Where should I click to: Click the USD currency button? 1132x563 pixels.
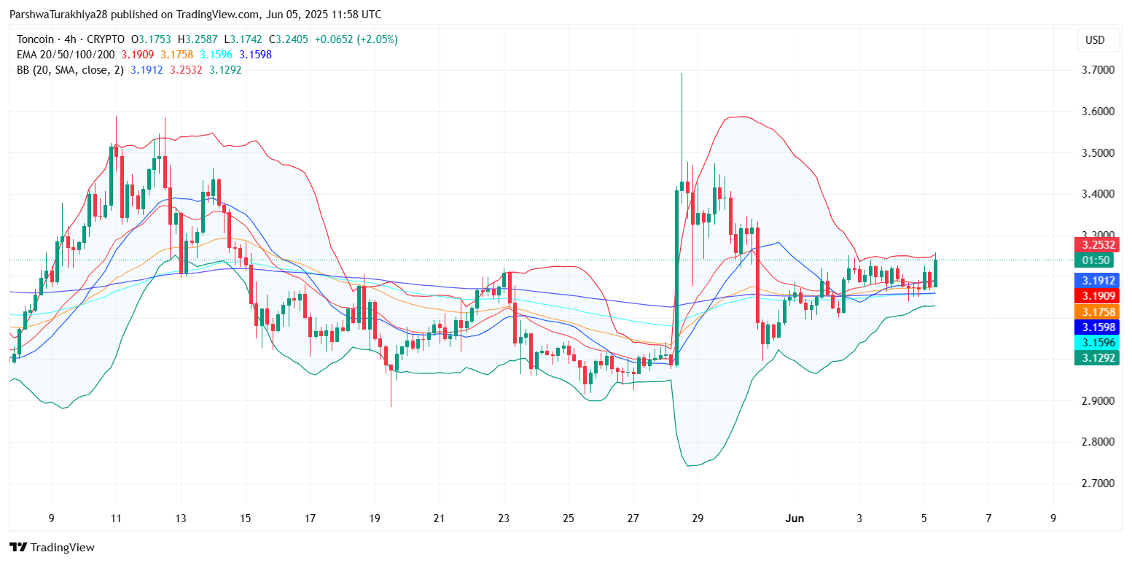pos(1095,40)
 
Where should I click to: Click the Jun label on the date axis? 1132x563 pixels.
pos(795,519)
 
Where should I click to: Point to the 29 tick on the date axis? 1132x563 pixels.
pos(698,519)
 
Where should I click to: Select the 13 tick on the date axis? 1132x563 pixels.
pos(180,519)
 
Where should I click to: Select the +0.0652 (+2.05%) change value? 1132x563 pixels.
pos(356,39)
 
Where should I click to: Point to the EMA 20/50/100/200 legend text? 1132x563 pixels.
pos(66,55)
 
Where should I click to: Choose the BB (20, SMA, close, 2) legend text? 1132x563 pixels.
pos(70,70)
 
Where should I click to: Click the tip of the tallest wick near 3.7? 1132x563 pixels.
pos(682,74)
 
